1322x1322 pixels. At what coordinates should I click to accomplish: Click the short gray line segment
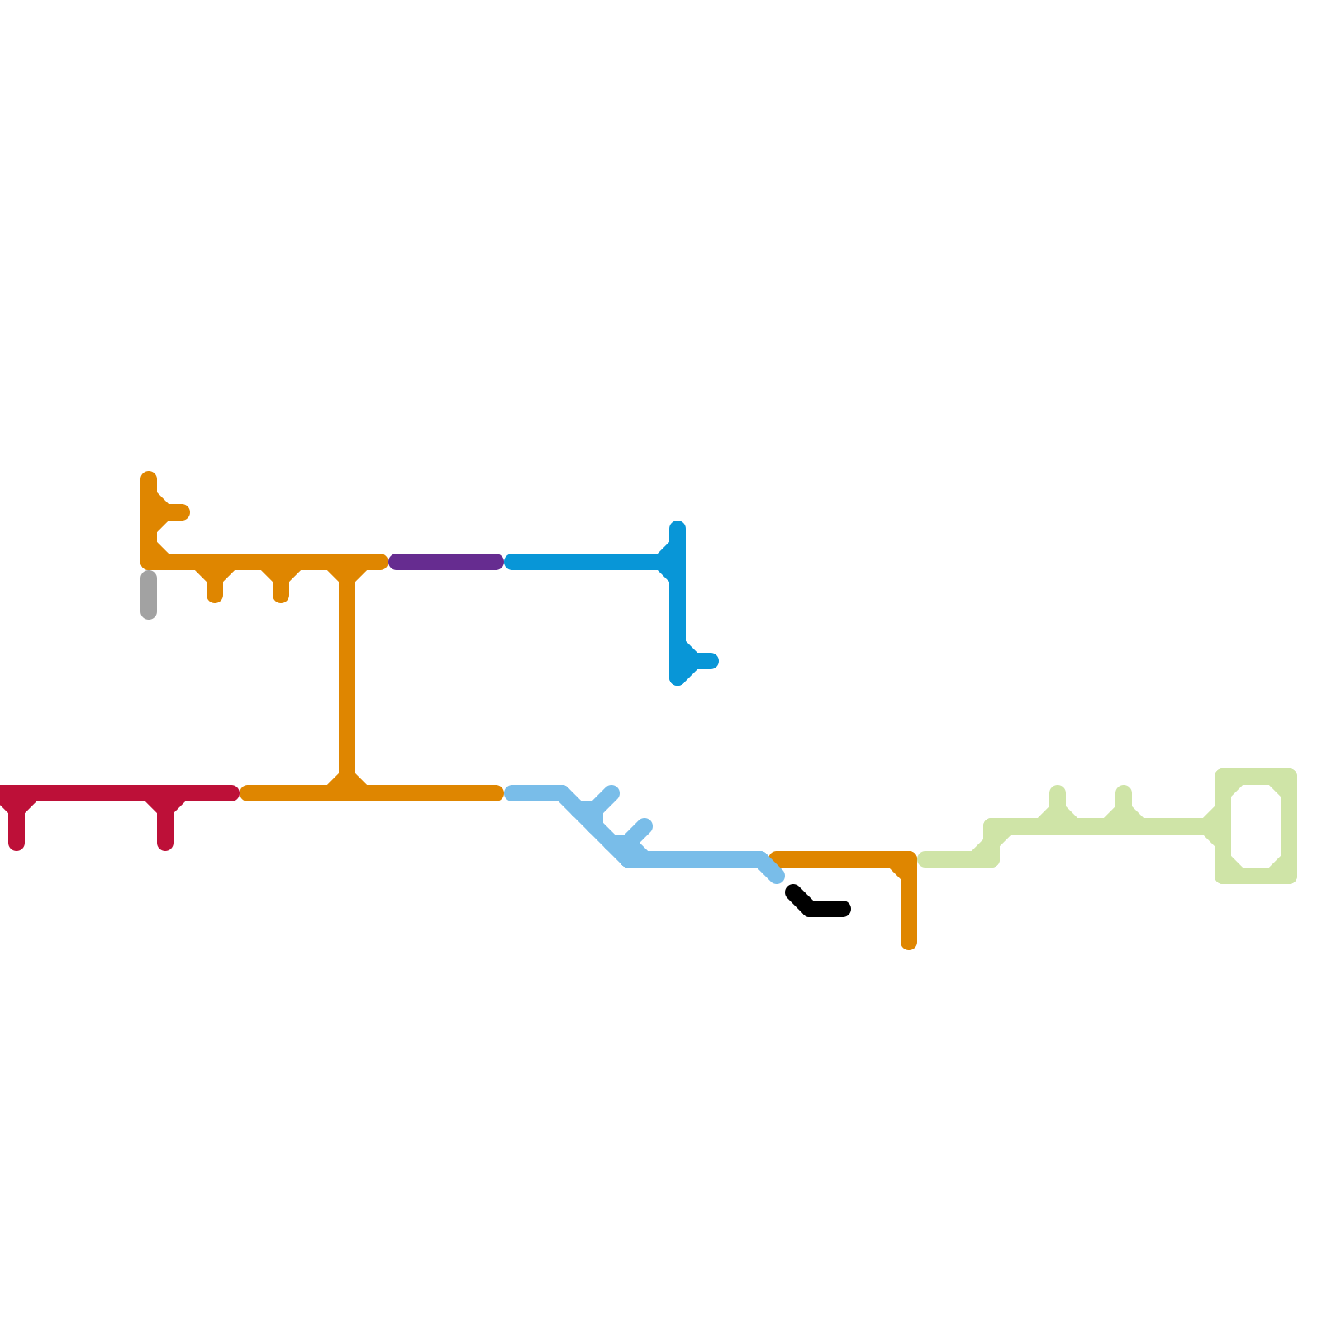click(149, 594)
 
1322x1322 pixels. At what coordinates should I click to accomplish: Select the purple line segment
click(446, 562)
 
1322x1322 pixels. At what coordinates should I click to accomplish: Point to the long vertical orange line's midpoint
click(347, 678)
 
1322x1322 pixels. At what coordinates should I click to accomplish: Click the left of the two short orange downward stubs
click(215, 588)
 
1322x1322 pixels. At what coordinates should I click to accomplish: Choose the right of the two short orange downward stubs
click(281, 588)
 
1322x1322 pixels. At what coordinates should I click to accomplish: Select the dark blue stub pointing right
click(705, 661)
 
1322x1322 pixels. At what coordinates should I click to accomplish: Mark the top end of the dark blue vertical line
click(678, 528)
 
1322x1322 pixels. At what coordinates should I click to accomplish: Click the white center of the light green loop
click(1256, 826)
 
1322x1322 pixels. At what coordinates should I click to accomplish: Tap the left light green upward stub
click(1058, 800)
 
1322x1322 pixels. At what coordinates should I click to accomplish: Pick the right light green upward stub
click(1124, 800)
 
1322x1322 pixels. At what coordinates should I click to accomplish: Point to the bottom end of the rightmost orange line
click(909, 943)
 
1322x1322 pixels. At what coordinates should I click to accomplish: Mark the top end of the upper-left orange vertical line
click(149, 478)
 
